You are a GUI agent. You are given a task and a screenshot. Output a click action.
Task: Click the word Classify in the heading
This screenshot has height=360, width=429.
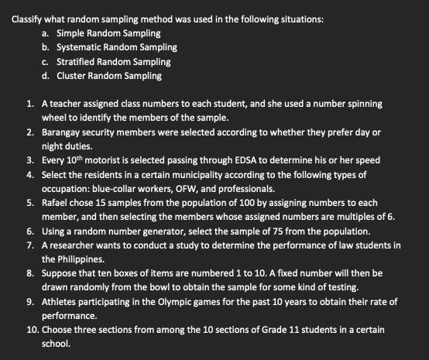[x=26, y=18]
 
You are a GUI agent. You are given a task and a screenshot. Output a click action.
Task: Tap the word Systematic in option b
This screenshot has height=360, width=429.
[x=79, y=47]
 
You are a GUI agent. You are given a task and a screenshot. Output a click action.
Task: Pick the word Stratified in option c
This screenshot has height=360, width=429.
[x=77, y=61]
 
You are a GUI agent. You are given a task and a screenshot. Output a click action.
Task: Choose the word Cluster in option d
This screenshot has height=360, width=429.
[x=72, y=76]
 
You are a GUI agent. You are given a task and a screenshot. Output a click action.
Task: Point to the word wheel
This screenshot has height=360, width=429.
[x=55, y=118]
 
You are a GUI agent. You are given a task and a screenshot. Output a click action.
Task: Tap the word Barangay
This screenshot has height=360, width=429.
[x=63, y=132]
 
